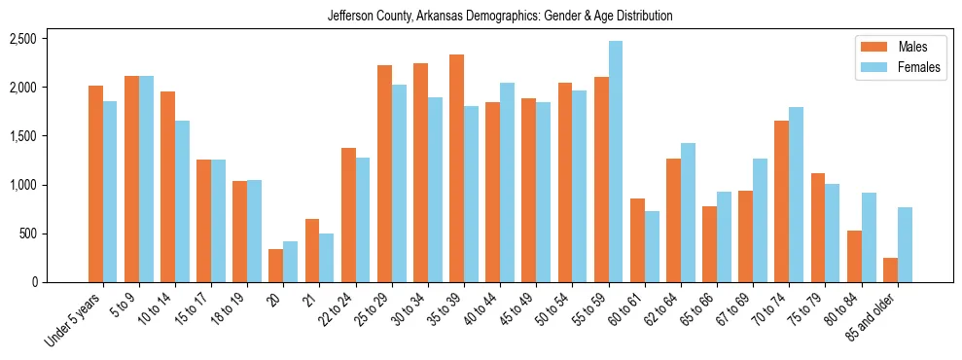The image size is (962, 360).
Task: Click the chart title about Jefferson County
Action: [x=500, y=17]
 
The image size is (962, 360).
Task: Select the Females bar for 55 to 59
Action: [x=616, y=162]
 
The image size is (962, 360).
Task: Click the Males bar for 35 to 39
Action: [x=456, y=168]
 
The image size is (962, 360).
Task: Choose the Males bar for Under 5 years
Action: [x=95, y=184]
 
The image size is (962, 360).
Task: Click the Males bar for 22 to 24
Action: [x=348, y=215]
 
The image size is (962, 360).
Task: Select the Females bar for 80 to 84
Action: [x=869, y=237]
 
